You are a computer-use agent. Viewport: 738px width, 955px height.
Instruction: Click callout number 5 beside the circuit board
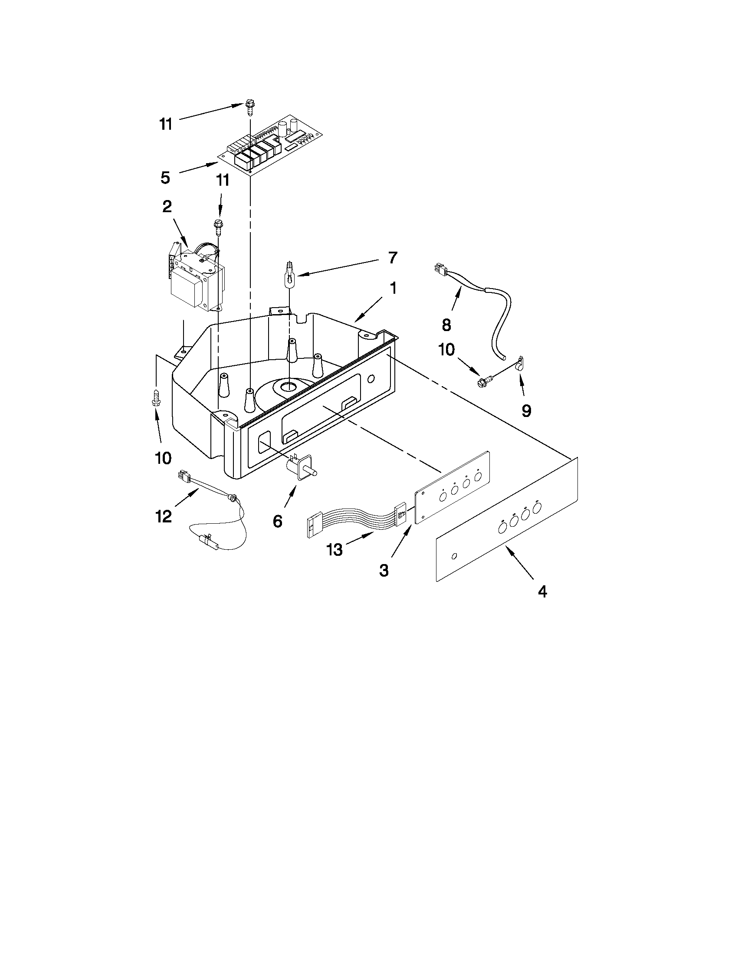click(x=165, y=178)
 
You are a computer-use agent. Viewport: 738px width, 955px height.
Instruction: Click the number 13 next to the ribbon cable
click(x=335, y=550)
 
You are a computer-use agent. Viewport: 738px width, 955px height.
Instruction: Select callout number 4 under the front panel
click(x=542, y=592)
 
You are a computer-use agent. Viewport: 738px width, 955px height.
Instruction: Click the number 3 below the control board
click(x=384, y=571)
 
